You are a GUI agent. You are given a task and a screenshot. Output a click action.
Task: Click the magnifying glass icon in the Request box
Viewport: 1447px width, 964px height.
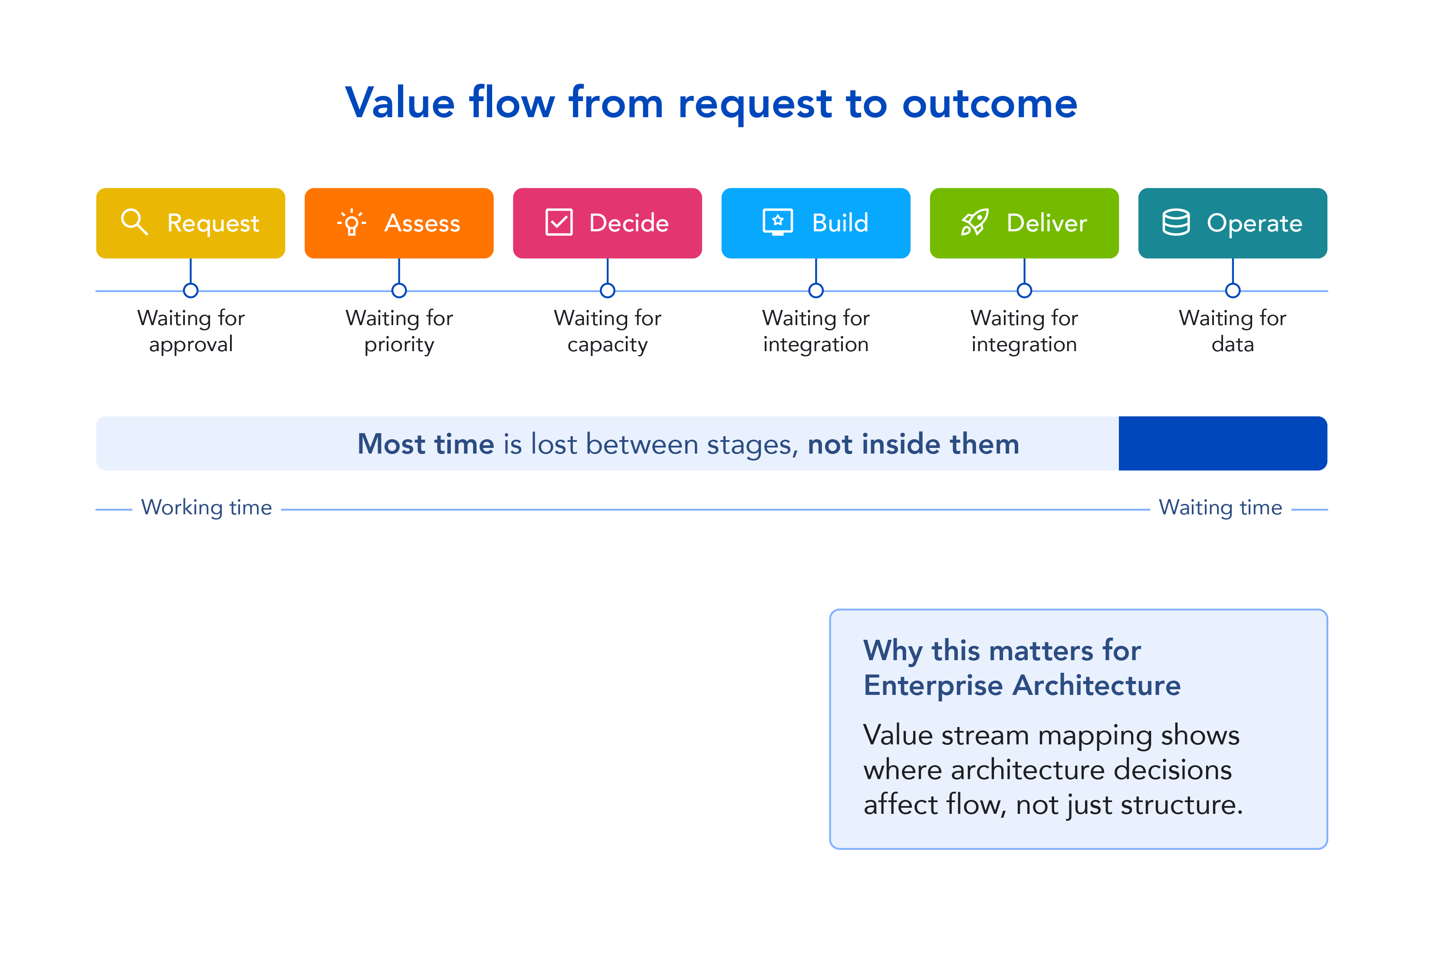[x=134, y=222]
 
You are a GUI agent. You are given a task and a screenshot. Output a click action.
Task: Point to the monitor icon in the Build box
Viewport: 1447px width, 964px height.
[x=778, y=222]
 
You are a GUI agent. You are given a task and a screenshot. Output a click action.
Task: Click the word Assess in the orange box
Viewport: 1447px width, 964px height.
[x=422, y=223]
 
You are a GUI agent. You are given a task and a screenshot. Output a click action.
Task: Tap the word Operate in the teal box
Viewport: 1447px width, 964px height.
[x=1254, y=223]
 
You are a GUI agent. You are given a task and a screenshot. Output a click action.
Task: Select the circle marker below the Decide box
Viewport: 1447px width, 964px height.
[x=607, y=290]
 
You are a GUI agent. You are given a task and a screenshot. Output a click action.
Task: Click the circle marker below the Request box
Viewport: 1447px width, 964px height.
[x=191, y=290]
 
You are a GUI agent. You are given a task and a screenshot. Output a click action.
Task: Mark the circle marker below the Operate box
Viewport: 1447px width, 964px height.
[x=1233, y=290]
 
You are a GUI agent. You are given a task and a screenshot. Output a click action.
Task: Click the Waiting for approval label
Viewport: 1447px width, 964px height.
[x=191, y=331]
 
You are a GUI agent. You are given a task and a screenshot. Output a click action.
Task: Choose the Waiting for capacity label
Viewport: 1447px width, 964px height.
[x=607, y=331]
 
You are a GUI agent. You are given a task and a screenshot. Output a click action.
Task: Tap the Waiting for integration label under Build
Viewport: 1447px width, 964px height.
[x=816, y=331]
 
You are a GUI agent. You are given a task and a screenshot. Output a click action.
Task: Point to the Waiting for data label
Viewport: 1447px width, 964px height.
[x=1233, y=331]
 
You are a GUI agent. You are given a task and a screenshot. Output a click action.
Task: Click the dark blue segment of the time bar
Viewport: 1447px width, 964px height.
[x=1222, y=443]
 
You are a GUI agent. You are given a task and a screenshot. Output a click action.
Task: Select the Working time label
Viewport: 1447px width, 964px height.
[x=207, y=508]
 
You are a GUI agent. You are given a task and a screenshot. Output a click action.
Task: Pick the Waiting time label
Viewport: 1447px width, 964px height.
[x=1220, y=508]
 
